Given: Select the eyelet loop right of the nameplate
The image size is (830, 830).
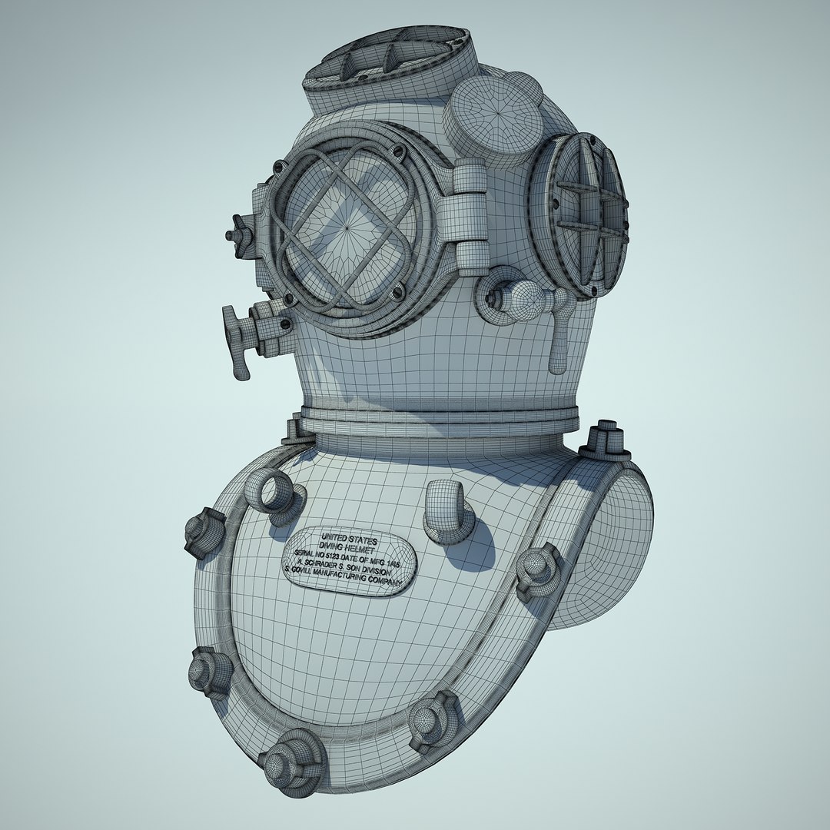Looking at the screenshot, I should pos(449,507).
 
